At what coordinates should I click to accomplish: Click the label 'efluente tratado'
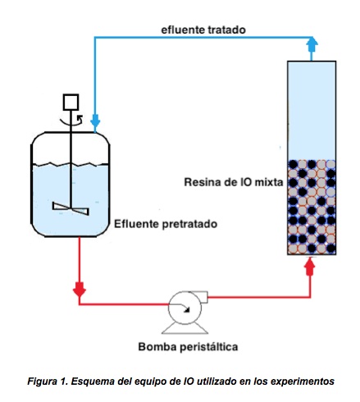coord(203,30)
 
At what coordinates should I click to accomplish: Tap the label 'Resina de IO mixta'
coord(234,182)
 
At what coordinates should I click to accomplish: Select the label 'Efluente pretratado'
coord(166,224)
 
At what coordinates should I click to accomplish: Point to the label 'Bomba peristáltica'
coord(188,347)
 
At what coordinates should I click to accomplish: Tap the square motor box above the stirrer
coord(71,103)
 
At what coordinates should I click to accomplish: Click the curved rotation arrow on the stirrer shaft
coord(71,121)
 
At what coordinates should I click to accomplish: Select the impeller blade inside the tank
coord(71,208)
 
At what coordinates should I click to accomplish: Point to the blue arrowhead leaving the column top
coord(312,45)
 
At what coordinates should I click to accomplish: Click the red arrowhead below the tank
coord(80,290)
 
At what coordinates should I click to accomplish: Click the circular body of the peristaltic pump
coord(185,308)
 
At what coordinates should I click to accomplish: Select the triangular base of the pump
coord(185,328)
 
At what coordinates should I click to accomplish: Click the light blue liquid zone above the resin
coord(312,111)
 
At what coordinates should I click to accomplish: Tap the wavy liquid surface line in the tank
coord(71,164)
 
